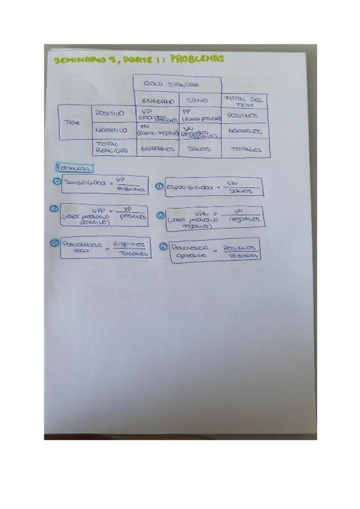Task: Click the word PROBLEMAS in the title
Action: [x=197, y=59]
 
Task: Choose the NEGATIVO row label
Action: [x=112, y=130]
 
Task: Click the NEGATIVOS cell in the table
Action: [x=245, y=130]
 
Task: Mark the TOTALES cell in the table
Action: [x=245, y=149]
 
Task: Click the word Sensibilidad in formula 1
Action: [x=85, y=183]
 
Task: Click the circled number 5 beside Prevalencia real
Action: [x=55, y=243]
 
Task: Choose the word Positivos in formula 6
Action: [x=239, y=247]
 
